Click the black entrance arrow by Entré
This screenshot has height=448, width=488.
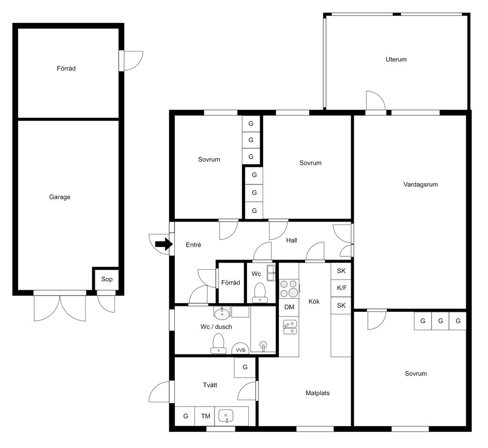(x=164, y=244)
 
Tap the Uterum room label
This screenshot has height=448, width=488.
(x=396, y=59)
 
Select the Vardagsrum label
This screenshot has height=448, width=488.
(x=420, y=184)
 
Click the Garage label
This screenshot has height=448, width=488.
(x=60, y=197)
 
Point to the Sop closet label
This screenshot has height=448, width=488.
(x=107, y=279)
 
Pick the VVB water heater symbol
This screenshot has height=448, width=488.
(x=241, y=349)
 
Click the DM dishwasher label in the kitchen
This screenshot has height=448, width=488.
(x=289, y=307)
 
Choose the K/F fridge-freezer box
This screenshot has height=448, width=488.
(x=341, y=288)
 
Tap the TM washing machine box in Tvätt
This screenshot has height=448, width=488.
(x=205, y=416)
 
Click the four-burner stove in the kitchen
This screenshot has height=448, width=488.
(x=289, y=289)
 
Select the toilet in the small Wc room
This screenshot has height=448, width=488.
(x=260, y=293)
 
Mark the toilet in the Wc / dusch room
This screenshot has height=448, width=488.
(x=218, y=344)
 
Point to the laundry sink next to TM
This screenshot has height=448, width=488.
(x=226, y=416)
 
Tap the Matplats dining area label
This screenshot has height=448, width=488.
(x=317, y=393)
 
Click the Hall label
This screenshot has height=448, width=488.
(x=292, y=240)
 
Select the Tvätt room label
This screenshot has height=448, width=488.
(x=210, y=385)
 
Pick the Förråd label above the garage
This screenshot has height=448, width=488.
(x=66, y=68)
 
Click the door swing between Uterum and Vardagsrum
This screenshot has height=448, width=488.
(x=376, y=100)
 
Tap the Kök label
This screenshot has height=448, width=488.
(x=314, y=301)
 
